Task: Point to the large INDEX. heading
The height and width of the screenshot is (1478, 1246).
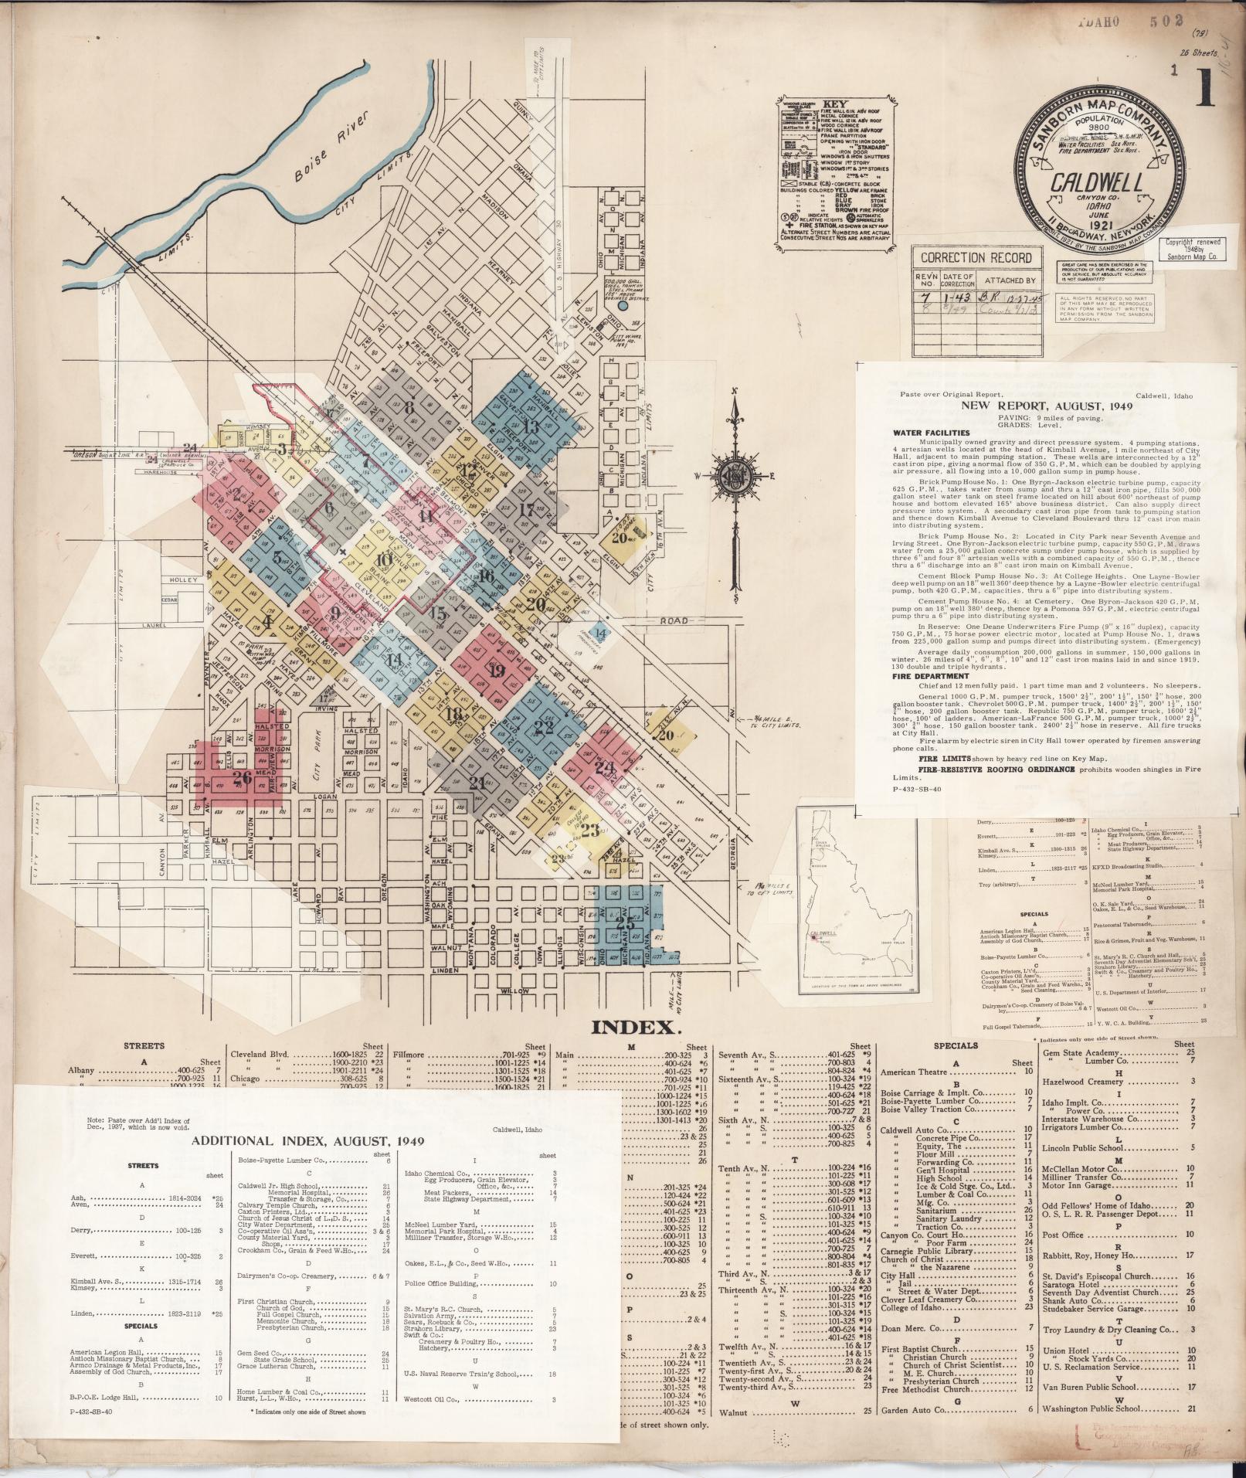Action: [636, 1027]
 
